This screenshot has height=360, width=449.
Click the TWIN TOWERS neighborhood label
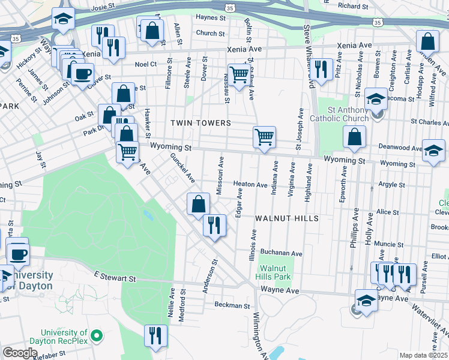tap(200, 123)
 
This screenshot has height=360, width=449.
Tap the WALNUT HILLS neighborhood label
tap(286, 218)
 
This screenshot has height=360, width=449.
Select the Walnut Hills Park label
tap(275, 272)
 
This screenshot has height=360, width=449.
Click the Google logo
tap(20, 353)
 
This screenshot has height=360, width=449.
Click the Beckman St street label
tap(232, 305)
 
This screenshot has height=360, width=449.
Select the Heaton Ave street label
tap(250, 185)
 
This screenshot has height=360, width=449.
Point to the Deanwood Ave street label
tap(400, 148)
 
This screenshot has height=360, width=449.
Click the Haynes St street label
tap(210, 19)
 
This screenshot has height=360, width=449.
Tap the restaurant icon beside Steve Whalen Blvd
tap(323, 70)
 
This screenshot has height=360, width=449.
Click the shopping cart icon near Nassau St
tap(239, 75)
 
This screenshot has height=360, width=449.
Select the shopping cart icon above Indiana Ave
tap(264, 137)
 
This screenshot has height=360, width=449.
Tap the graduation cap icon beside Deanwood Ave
tap(433, 151)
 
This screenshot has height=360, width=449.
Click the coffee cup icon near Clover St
tap(83, 74)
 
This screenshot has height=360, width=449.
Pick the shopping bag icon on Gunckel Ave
tap(198, 204)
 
